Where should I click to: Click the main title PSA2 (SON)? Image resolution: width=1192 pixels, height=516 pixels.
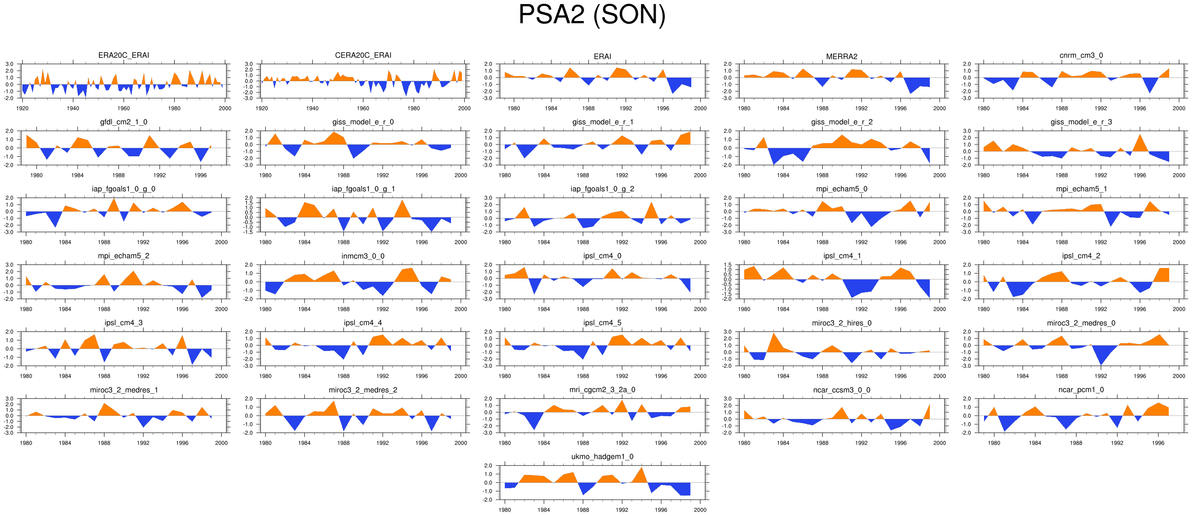(x=592, y=15)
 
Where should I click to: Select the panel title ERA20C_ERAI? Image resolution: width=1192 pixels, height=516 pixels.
(x=124, y=55)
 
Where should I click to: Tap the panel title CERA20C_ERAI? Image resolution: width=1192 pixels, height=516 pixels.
(x=363, y=55)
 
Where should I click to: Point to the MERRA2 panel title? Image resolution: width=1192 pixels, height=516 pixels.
(x=841, y=57)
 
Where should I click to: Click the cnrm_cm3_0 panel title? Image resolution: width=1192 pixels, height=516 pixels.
(x=1081, y=55)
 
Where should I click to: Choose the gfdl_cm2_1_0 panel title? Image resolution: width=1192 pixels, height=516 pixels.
(x=124, y=122)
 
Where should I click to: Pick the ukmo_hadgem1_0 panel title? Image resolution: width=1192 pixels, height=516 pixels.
(x=602, y=457)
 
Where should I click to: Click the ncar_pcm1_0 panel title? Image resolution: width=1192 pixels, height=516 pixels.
(x=1081, y=390)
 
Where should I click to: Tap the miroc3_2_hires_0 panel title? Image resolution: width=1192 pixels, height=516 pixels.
(x=841, y=323)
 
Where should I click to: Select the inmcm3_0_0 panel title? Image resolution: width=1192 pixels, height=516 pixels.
(x=363, y=256)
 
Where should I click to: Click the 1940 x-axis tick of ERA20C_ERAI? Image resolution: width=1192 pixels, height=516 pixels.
(x=73, y=108)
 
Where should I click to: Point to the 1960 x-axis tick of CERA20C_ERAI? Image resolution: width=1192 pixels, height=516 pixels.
(x=363, y=108)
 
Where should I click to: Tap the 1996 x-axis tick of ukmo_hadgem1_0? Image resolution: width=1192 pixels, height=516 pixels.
(x=661, y=510)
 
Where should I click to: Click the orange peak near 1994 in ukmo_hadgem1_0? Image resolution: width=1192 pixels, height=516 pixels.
(x=641, y=469)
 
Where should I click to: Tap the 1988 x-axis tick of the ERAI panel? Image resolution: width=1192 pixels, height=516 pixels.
(x=588, y=108)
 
